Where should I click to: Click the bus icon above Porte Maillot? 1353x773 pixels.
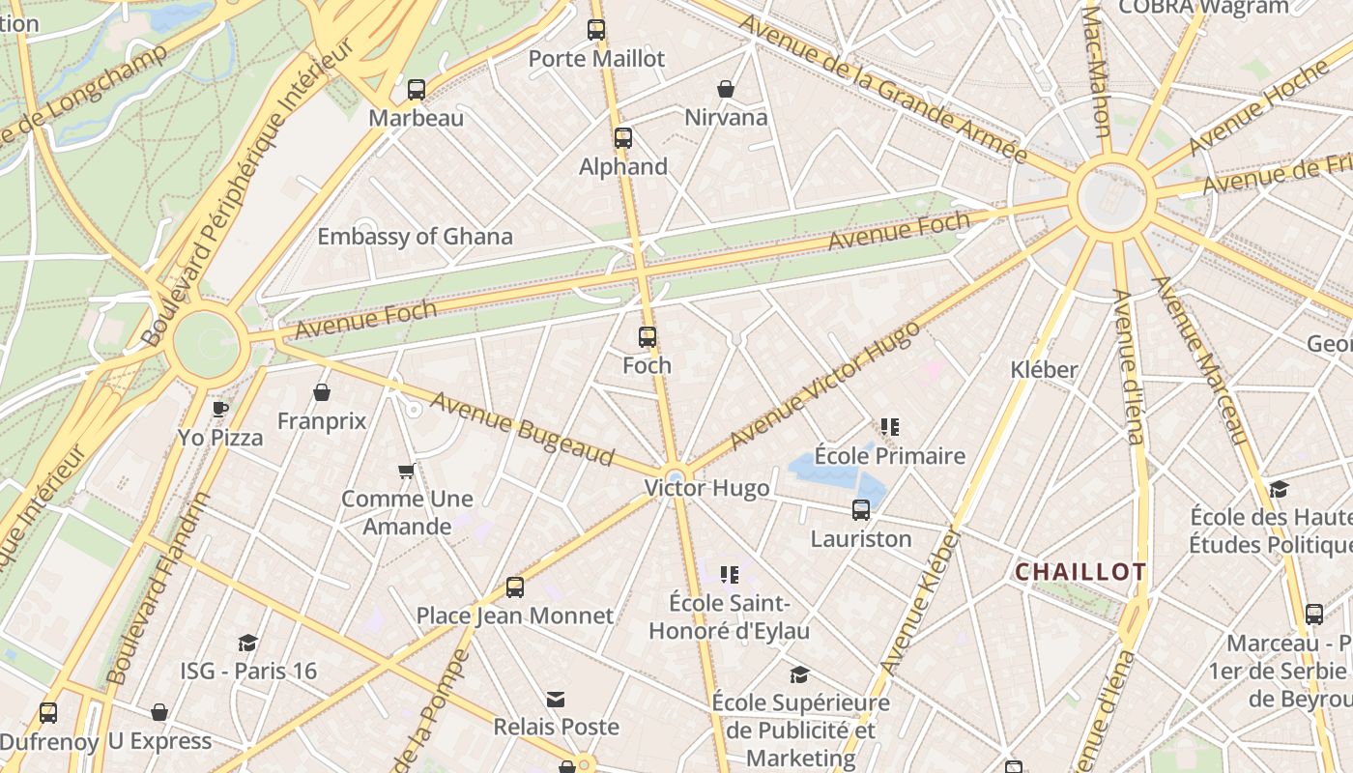(596, 30)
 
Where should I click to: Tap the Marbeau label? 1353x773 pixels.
(417, 118)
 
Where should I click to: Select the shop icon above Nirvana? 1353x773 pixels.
(726, 90)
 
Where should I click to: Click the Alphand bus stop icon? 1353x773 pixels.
(623, 138)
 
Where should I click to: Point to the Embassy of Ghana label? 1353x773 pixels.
(415, 237)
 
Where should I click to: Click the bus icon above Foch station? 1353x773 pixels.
(648, 337)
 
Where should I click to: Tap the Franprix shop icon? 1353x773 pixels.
(322, 392)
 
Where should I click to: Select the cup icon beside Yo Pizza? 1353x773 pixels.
(220, 409)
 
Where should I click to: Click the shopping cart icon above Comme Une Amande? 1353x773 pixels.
(407, 471)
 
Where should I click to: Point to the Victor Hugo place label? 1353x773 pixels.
(707, 488)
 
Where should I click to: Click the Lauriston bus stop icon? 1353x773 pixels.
(861, 510)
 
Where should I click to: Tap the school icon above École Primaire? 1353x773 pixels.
(890, 427)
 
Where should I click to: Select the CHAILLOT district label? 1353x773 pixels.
(1080, 572)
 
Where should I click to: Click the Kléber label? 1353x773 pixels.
(1044, 369)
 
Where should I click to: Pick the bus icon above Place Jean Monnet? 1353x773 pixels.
(515, 587)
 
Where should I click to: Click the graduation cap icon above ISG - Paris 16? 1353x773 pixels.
(248, 643)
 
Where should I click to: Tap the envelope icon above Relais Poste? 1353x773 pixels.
(556, 699)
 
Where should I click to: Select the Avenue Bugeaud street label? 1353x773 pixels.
(522, 428)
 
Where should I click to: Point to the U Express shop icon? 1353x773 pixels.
(159, 713)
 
